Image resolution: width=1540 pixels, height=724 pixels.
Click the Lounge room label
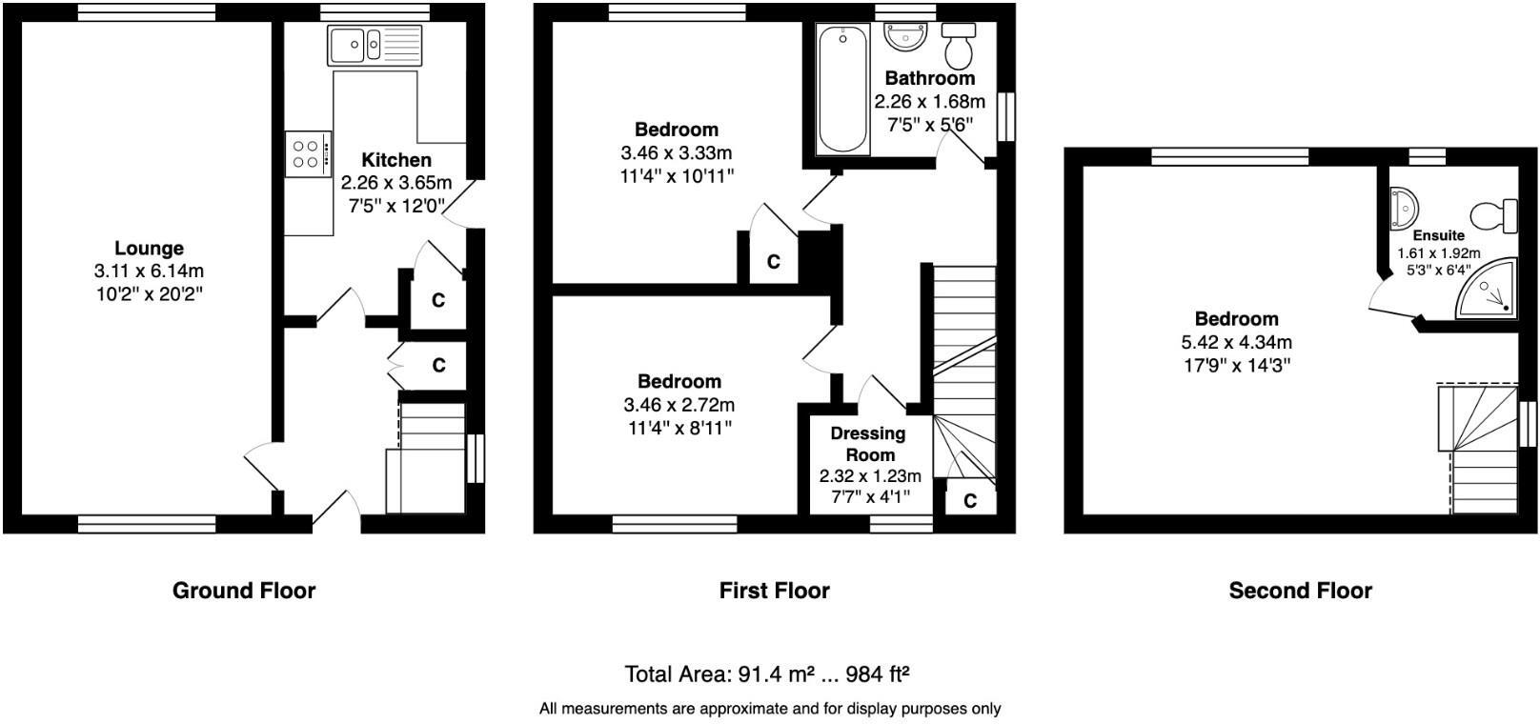point(149,249)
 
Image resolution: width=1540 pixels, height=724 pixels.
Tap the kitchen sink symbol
point(375,44)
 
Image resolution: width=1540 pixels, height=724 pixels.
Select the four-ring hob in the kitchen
point(308,154)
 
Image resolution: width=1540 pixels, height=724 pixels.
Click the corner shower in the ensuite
point(1488,291)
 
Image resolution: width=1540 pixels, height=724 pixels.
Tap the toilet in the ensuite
point(1493,215)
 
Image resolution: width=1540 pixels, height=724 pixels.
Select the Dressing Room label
point(868,444)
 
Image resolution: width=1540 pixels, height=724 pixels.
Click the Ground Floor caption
point(244,591)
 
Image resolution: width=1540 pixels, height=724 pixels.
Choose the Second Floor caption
point(1300,591)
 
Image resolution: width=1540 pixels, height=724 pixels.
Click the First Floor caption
point(774,591)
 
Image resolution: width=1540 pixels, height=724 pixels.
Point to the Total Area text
point(767,674)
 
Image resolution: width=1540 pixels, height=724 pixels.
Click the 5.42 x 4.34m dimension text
point(1237,343)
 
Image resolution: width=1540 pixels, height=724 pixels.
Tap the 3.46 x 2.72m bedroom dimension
point(679,406)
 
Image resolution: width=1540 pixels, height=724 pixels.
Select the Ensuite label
point(1438,235)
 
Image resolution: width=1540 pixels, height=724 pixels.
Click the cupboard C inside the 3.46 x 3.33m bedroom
point(773,261)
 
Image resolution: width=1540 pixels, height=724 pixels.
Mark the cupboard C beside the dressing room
point(969,501)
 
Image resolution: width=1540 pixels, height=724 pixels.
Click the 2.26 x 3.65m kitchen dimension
point(396,183)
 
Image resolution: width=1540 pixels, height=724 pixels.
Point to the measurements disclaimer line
point(770,709)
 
